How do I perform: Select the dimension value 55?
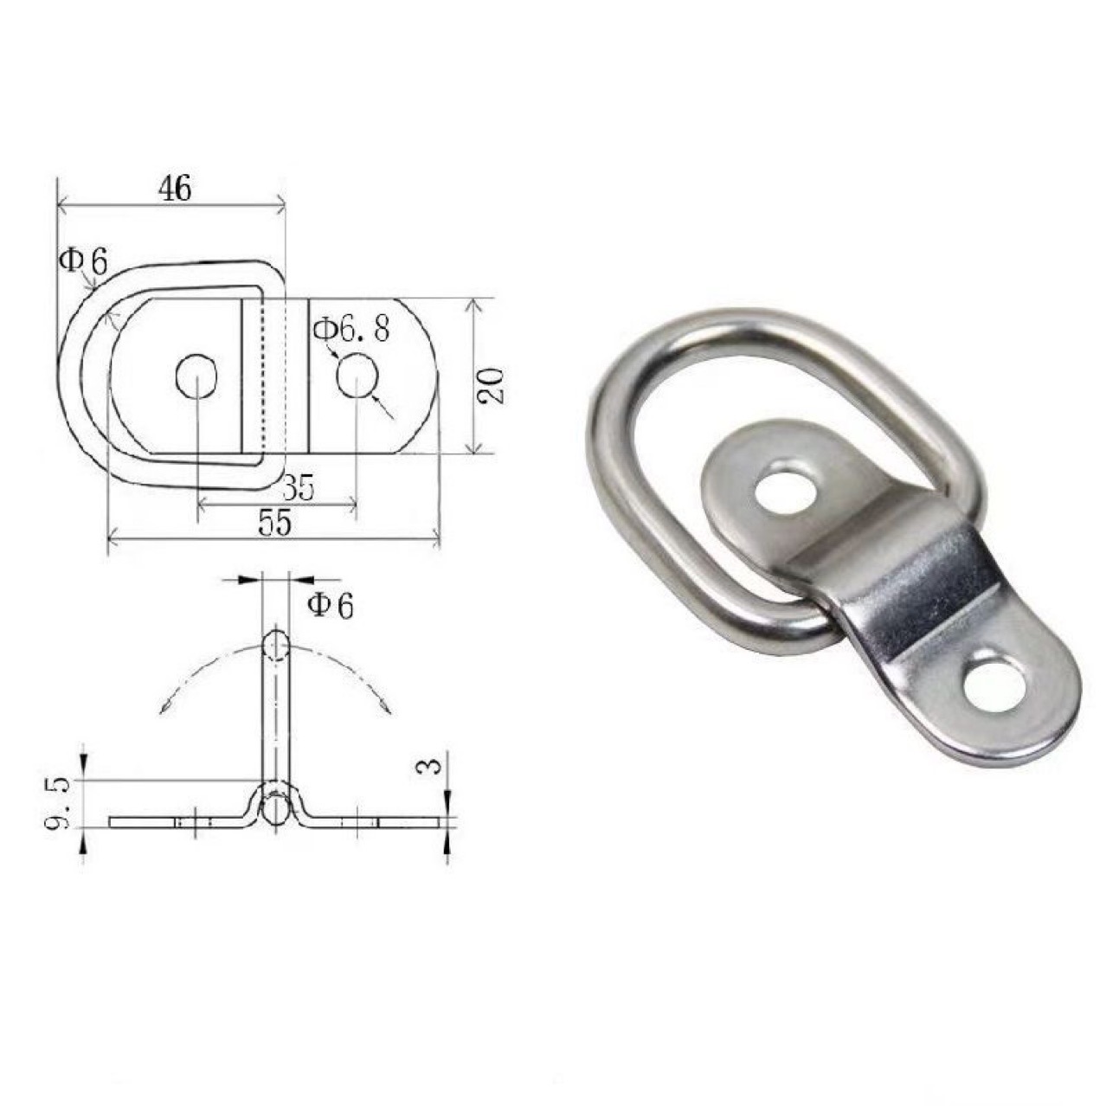(273, 524)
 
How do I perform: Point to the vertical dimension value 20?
(491, 385)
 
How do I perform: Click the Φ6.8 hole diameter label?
(351, 329)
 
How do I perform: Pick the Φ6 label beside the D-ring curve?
(82, 260)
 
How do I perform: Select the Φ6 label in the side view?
(330, 605)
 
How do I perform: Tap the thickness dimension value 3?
(434, 764)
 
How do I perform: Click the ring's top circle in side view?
(275, 645)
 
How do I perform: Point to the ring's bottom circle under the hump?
(275, 810)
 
